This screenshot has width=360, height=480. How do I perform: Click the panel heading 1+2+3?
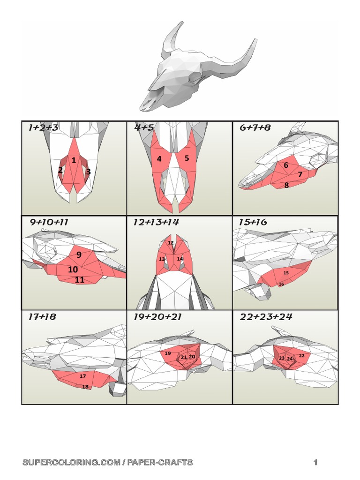(43, 127)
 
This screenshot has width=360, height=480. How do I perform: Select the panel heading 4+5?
(144, 127)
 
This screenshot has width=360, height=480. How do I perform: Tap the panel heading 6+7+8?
(255, 127)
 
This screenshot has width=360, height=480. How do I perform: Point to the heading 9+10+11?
(49, 222)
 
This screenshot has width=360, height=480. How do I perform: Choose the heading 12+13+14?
(156, 222)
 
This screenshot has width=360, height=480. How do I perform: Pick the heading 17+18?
(42, 317)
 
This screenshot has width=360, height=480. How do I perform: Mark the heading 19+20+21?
(157, 317)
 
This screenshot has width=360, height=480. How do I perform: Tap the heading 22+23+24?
(266, 317)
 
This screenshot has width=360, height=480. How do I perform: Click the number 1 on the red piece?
(74, 160)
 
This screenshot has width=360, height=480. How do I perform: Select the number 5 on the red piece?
(187, 158)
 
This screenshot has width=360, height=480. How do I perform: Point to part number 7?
(300, 174)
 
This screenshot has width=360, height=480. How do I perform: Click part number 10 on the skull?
(73, 270)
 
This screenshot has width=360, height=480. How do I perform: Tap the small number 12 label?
(171, 243)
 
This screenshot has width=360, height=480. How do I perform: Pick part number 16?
(281, 284)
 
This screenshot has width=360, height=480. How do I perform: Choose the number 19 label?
(168, 353)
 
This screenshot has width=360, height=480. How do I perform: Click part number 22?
(302, 356)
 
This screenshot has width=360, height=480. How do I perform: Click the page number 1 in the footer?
(316, 463)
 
